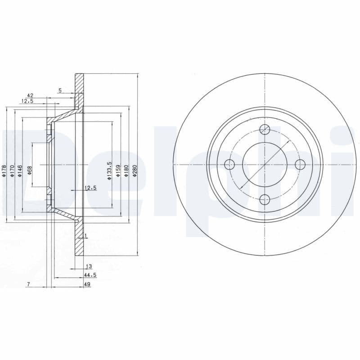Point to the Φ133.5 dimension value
point(109,171)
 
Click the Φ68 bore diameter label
point(30,171)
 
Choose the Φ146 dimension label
point(20,171)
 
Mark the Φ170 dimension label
point(12,171)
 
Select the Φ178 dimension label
point(4,171)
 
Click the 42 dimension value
point(31,95)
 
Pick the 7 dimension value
point(28,284)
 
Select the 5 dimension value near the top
point(60,90)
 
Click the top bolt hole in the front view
point(265,130)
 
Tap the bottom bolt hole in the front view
point(265,199)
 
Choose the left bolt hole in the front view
point(230,164)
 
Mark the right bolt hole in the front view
point(299,164)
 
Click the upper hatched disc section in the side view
point(79,88)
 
